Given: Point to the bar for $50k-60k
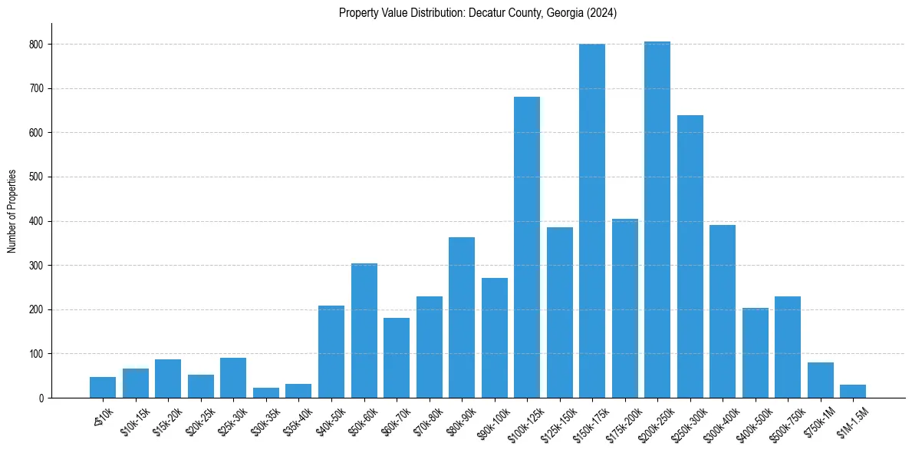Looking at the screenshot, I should click(x=364, y=330).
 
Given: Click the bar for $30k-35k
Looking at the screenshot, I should click(x=265, y=392).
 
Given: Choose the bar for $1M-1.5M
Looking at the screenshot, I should click(x=852, y=391).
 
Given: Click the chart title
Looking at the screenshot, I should click(x=477, y=13).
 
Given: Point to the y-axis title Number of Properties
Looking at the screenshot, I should click(x=12, y=210).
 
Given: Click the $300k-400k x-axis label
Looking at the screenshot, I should click(x=716, y=422).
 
